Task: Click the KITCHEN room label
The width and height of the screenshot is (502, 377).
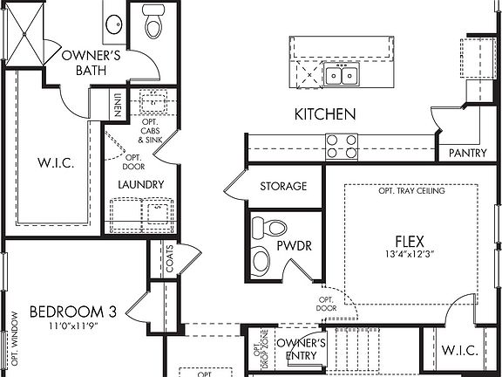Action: (324, 113)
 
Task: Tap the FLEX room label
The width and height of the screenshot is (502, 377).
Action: (410, 239)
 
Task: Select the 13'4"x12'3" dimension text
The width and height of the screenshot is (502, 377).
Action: (410, 254)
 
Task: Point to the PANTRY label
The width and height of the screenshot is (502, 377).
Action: (467, 154)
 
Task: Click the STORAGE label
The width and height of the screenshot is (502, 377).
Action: (283, 186)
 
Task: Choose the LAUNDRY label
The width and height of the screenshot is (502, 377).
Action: (141, 185)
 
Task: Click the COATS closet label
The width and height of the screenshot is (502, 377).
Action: (169, 259)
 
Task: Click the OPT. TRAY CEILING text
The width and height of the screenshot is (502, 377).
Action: (411, 192)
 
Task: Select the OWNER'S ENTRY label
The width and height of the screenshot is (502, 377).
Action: (302, 350)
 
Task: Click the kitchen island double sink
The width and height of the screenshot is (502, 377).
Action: (340, 75)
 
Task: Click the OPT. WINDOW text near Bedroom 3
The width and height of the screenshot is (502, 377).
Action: (14, 337)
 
